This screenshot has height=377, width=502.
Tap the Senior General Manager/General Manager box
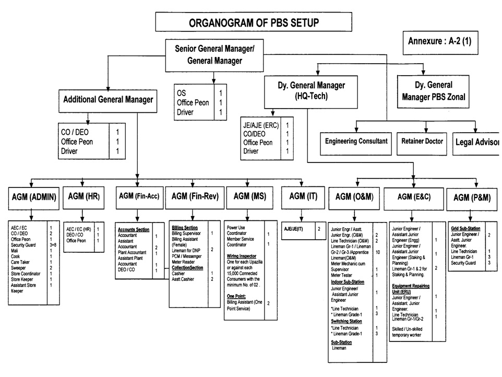click(214, 55)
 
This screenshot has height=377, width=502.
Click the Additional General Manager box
click(108, 99)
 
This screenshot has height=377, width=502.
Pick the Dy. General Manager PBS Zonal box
click(434, 90)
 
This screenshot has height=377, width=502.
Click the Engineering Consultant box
click(356, 141)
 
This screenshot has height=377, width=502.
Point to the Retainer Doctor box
click(422, 141)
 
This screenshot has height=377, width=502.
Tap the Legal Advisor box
click(477, 142)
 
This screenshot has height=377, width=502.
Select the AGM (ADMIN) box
click(31, 197)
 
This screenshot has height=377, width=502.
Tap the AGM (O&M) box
click(355, 197)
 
